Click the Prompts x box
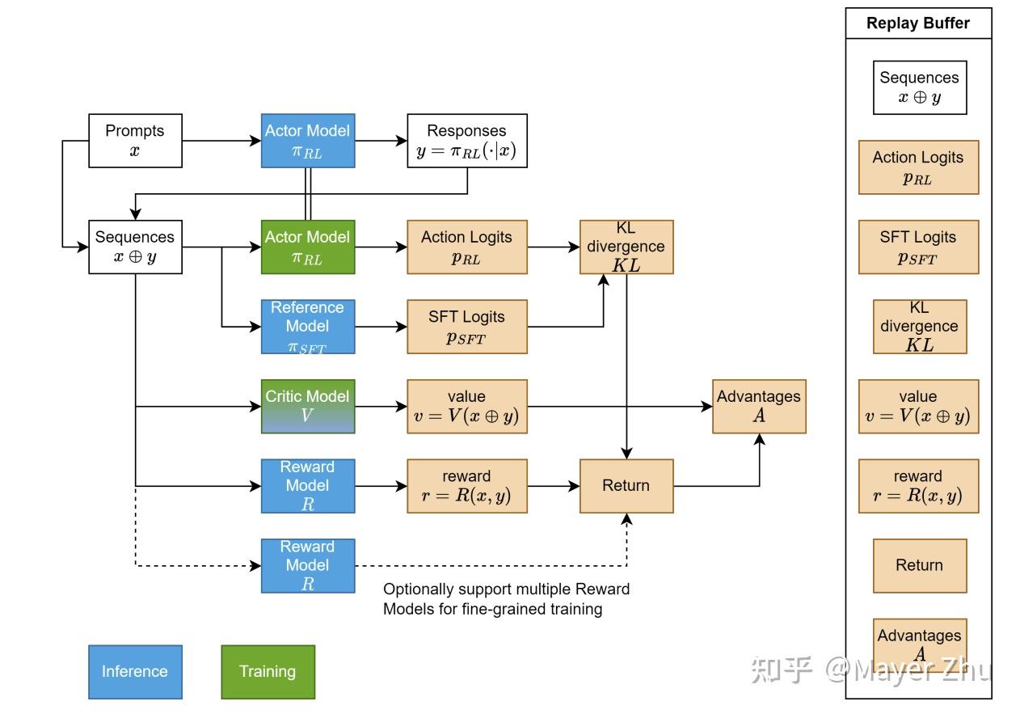click(x=135, y=141)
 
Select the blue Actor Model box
click(x=308, y=141)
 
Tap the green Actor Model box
click(x=308, y=247)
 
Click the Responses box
click(x=467, y=141)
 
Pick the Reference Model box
click(x=308, y=327)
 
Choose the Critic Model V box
click(x=308, y=407)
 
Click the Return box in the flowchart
click(x=626, y=486)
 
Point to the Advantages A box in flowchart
click(x=759, y=407)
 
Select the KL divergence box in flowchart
click(x=626, y=247)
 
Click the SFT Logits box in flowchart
click(x=467, y=327)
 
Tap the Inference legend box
click(x=135, y=672)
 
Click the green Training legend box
click(x=268, y=672)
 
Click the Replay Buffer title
click(x=918, y=23)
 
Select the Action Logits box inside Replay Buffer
click(x=918, y=167)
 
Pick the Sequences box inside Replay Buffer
click(x=920, y=87)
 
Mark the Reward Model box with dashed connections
click(x=308, y=566)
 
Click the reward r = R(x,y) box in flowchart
click(x=467, y=486)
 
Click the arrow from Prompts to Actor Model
click(x=221, y=141)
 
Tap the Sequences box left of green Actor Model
click(x=135, y=247)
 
